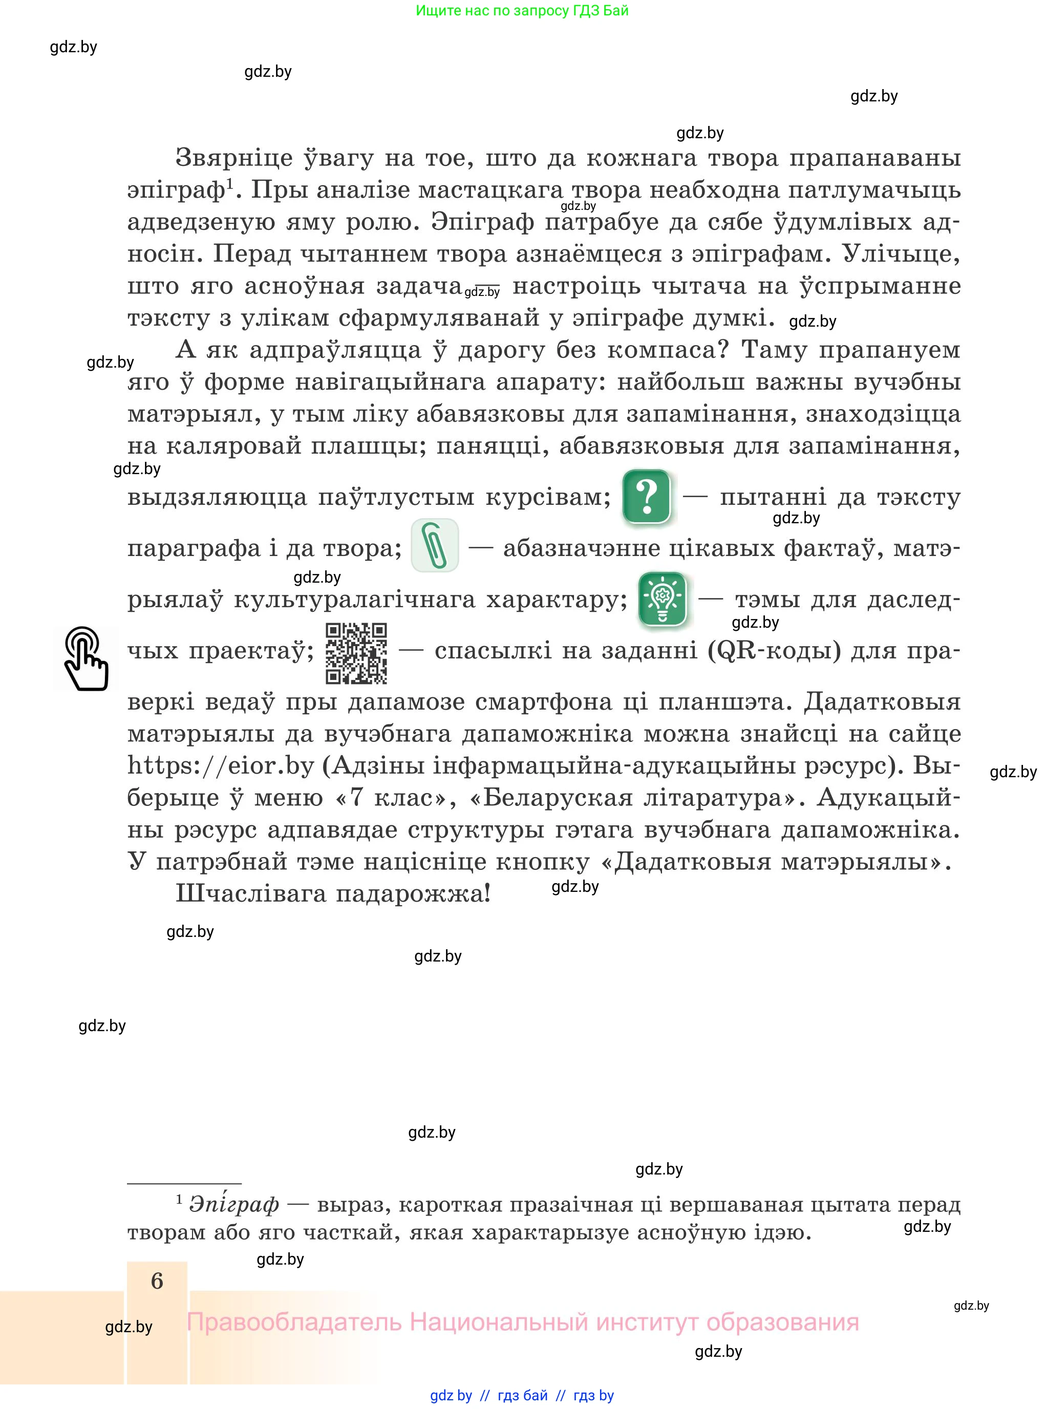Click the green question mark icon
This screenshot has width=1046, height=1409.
point(647,497)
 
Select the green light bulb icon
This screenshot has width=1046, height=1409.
point(663,599)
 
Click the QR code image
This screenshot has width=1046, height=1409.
point(356,653)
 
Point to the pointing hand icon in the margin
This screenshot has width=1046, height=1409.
point(86,658)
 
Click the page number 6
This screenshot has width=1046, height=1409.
point(157,1280)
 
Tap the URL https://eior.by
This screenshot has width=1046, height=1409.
point(221,765)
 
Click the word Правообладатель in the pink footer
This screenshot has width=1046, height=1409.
point(294,1322)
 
